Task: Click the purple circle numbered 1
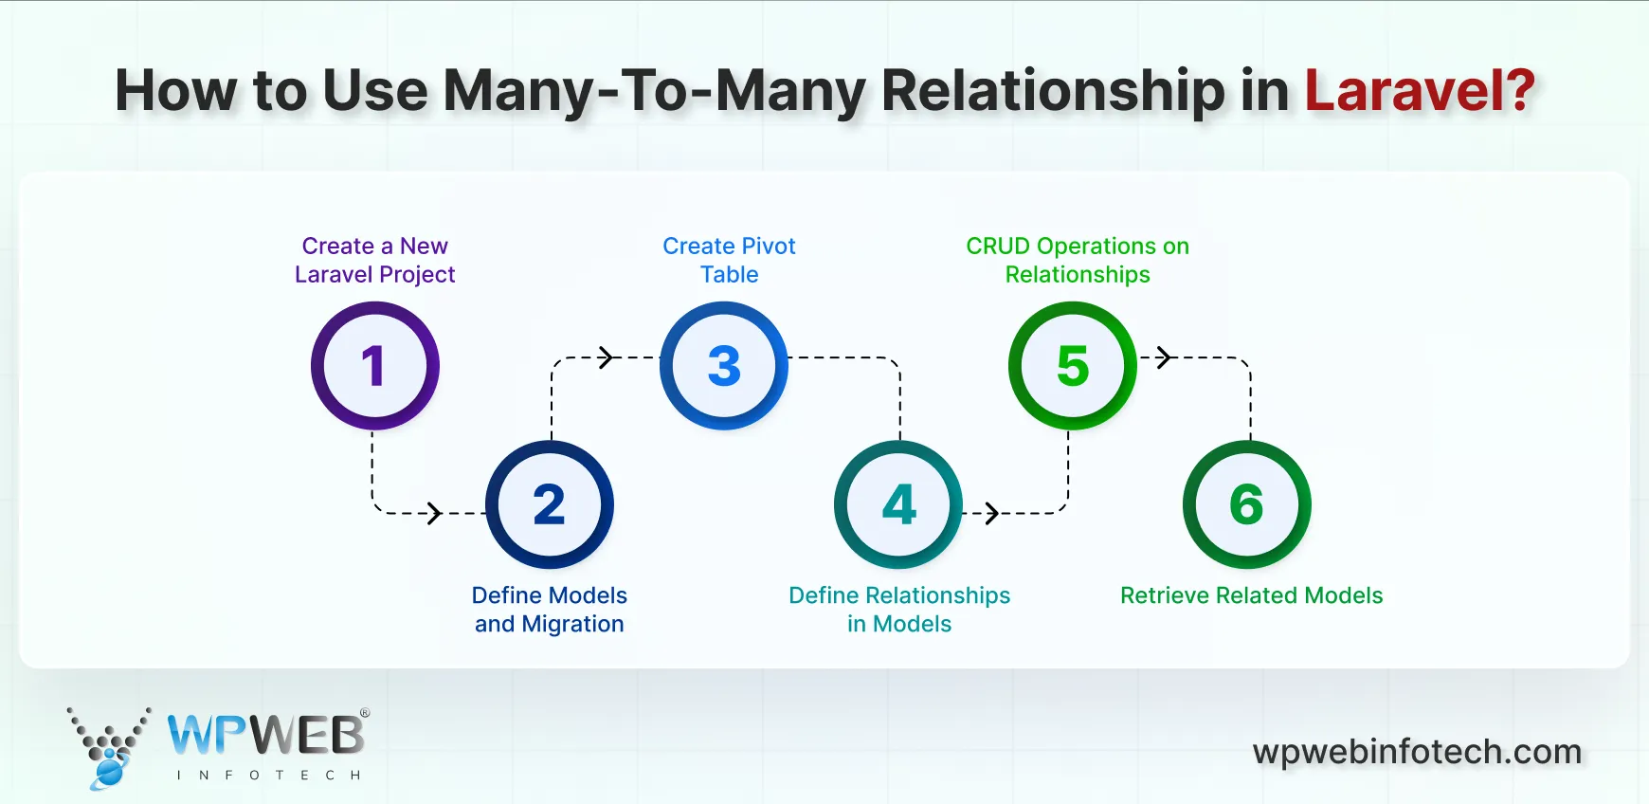pos(375,366)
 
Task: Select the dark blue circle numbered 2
pos(550,504)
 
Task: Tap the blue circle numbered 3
pos(724,366)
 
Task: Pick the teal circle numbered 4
pos(898,504)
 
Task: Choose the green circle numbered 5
pos(1073,366)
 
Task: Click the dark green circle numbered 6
pos(1247,504)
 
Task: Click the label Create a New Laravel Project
pos(375,260)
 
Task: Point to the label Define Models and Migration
pos(550,610)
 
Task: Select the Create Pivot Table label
pos(729,260)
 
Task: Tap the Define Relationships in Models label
pos(899,610)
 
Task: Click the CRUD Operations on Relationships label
pos(1078,260)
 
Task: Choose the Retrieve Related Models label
pos(1251,595)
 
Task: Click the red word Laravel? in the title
pos(1419,91)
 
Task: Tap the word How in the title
pos(175,91)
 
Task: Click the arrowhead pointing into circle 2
pos(434,513)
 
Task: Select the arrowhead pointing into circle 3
pos(607,357)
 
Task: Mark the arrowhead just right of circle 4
pos(991,513)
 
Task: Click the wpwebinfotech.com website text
pos(1417,752)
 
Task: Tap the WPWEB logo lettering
pos(265,735)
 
